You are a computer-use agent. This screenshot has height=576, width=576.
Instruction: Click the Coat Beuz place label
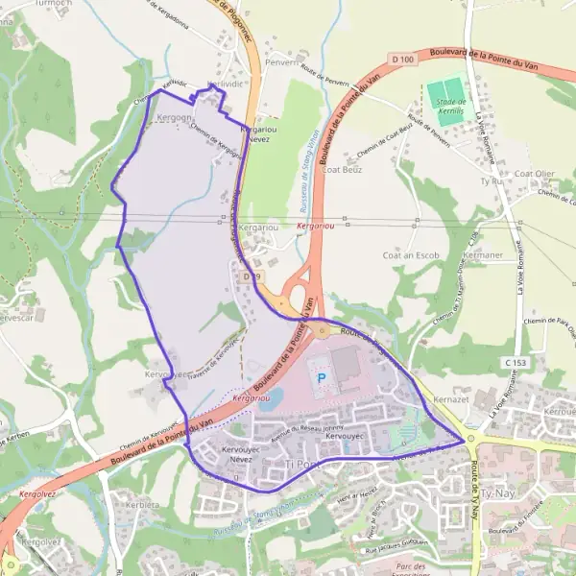(343, 169)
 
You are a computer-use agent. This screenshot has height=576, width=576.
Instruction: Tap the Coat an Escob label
(411, 255)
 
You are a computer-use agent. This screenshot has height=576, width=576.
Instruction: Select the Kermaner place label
(483, 256)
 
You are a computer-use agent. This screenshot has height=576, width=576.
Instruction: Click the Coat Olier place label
(535, 174)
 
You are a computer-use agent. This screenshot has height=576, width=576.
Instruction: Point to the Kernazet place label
(448, 396)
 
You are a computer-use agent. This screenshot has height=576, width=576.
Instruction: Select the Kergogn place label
(173, 118)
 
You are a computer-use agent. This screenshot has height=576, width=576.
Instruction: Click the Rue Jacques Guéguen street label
(402, 546)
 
